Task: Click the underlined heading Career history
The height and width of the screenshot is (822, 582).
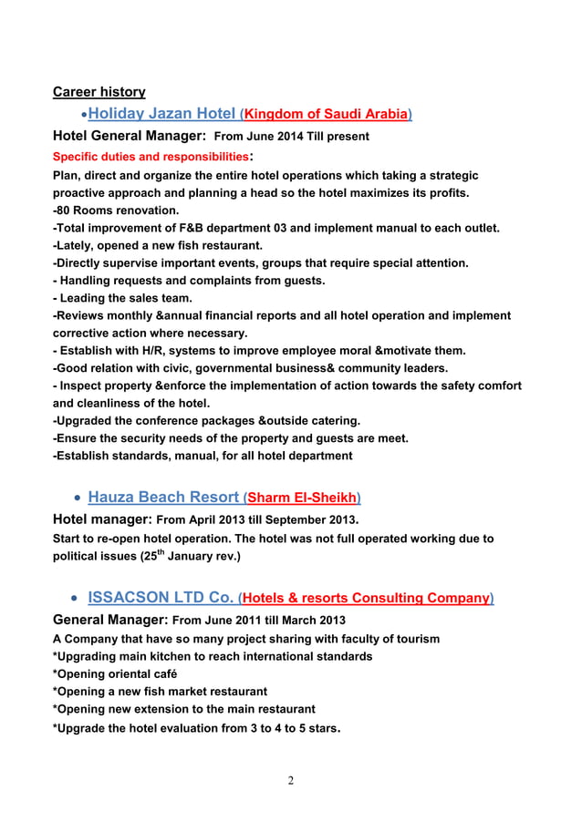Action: point(99,91)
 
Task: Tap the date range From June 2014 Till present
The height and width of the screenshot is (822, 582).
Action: point(291,137)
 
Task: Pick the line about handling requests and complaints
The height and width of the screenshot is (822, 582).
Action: point(189,281)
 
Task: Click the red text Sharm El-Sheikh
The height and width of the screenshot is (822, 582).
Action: point(303,498)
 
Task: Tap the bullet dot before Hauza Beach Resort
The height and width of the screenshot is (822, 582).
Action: point(77,498)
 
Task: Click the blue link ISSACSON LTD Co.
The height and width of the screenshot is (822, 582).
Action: point(160,598)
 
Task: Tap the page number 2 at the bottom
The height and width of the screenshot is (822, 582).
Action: point(290,780)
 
